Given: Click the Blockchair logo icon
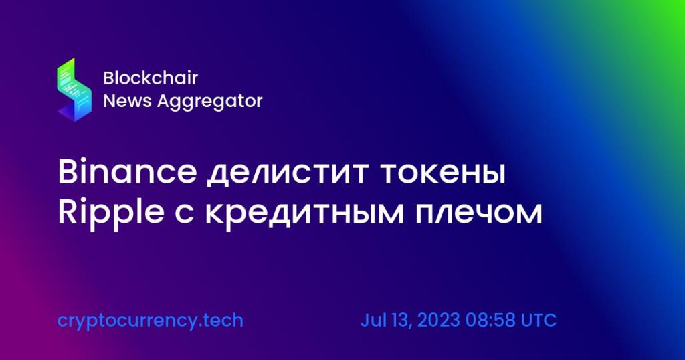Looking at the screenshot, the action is point(74,90).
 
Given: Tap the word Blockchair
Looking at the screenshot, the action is point(151,78).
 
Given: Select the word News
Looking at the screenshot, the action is point(127,101).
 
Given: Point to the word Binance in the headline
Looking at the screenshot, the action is point(127,172).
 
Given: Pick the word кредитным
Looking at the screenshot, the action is point(304,215).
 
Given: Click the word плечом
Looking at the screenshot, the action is point(478,213).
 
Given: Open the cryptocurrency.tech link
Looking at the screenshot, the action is point(151,321).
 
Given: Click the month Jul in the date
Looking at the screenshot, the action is point(374,320).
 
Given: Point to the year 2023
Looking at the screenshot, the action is point(439,320).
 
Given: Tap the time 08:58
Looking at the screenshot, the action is point(490,320).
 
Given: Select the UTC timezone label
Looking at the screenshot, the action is point(539,320).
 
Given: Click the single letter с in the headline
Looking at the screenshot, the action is point(185,215).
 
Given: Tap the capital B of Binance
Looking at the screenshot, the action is point(68,172).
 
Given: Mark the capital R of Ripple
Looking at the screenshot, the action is point(68,212).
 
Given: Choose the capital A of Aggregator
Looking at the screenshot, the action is point(165,101).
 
